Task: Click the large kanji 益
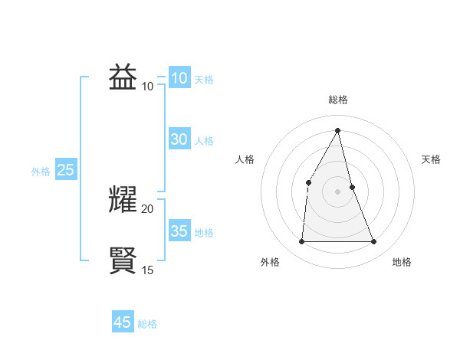[x=123, y=77]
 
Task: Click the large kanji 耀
[x=123, y=199]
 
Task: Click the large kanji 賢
[x=123, y=260]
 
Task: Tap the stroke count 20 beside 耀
[x=148, y=208]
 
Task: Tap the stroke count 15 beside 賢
[x=148, y=270]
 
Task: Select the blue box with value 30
[x=179, y=139]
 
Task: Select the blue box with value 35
[x=179, y=231]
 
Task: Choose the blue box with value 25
[x=66, y=170]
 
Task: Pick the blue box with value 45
[x=123, y=322]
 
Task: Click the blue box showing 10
[x=179, y=78]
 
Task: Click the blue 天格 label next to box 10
[x=204, y=80]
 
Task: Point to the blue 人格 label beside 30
[x=204, y=141]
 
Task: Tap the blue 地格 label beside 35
[x=204, y=233]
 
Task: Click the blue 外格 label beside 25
[x=41, y=172]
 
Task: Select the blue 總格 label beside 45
[x=147, y=324]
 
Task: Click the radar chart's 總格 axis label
[x=337, y=100]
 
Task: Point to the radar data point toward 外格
[x=301, y=242]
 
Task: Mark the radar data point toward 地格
[x=374, y=242]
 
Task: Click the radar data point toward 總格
[x=337, y=130]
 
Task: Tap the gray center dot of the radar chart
[x=337, y=191]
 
